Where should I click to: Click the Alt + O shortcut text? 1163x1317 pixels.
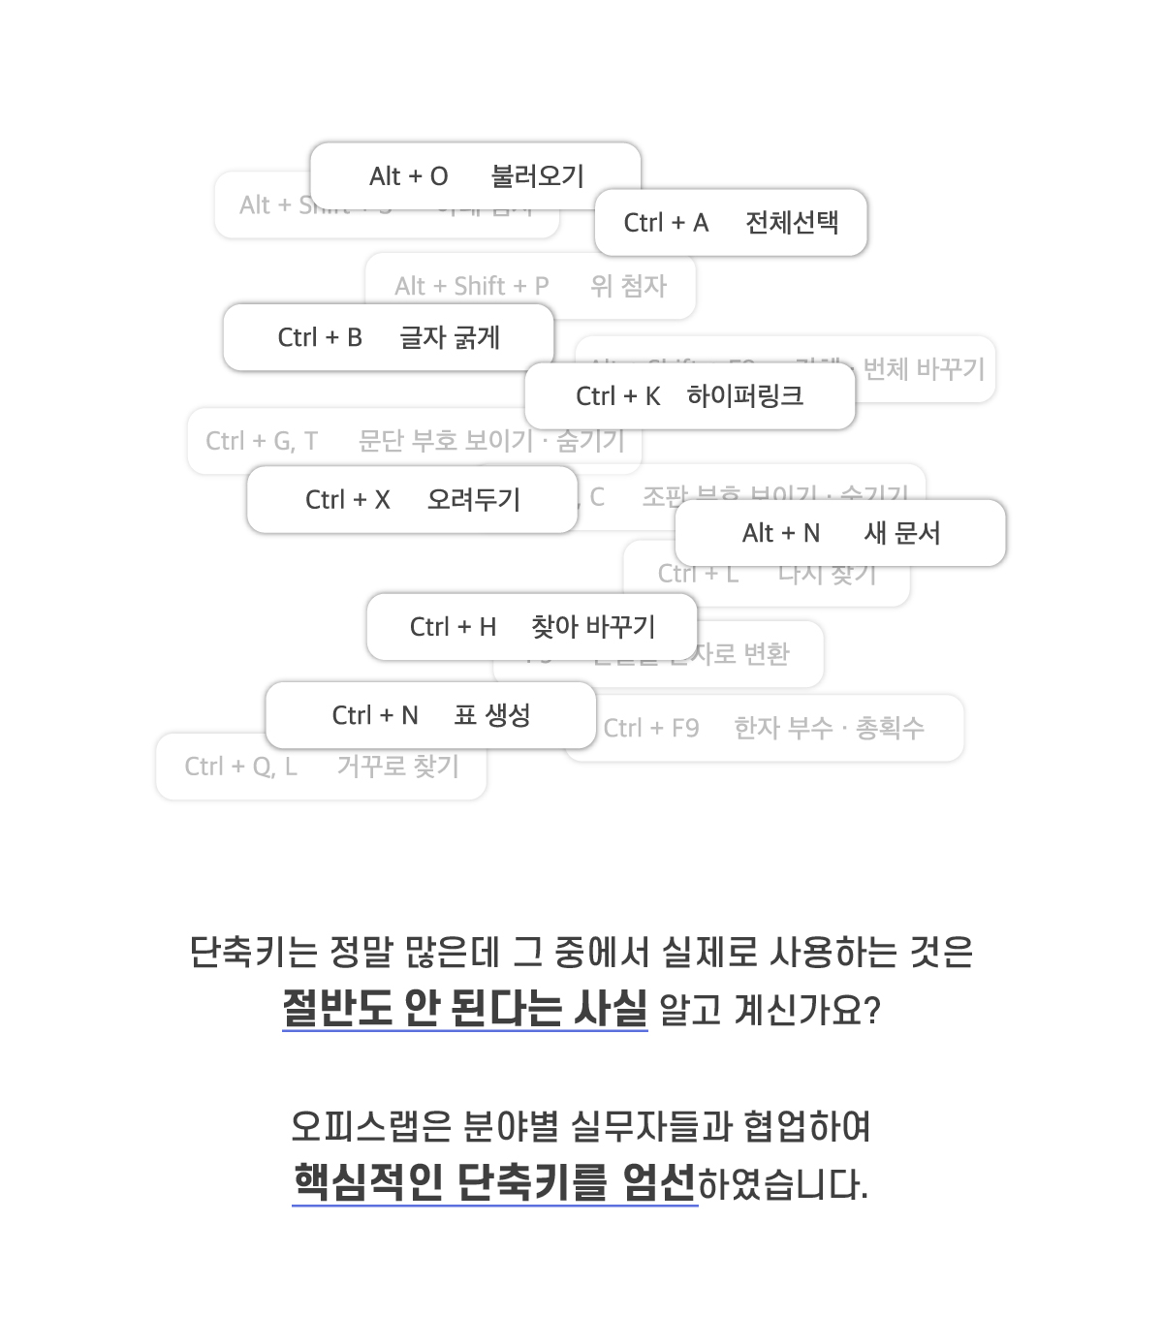408,176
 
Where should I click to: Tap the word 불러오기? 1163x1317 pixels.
538,176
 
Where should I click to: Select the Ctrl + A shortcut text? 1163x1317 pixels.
666,223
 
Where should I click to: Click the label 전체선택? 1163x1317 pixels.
792,223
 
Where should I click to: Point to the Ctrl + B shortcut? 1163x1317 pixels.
320,337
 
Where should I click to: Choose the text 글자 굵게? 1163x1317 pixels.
450,337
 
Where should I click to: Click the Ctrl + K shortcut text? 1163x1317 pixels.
617,396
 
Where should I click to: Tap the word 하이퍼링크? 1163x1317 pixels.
745,396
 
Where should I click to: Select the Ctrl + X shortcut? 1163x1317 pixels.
347,500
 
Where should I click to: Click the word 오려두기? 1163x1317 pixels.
474,500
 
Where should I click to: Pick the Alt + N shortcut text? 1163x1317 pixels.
780,533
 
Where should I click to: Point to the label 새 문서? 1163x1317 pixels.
902,533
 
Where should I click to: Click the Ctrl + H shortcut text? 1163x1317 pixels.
453,627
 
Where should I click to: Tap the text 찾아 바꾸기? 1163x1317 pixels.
593,627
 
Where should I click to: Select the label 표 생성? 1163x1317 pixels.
492,715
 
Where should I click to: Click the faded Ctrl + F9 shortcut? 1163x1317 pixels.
651,728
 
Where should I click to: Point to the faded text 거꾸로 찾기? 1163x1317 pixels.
397,767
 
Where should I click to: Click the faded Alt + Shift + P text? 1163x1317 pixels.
471,286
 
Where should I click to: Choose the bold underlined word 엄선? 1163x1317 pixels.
659,1182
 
